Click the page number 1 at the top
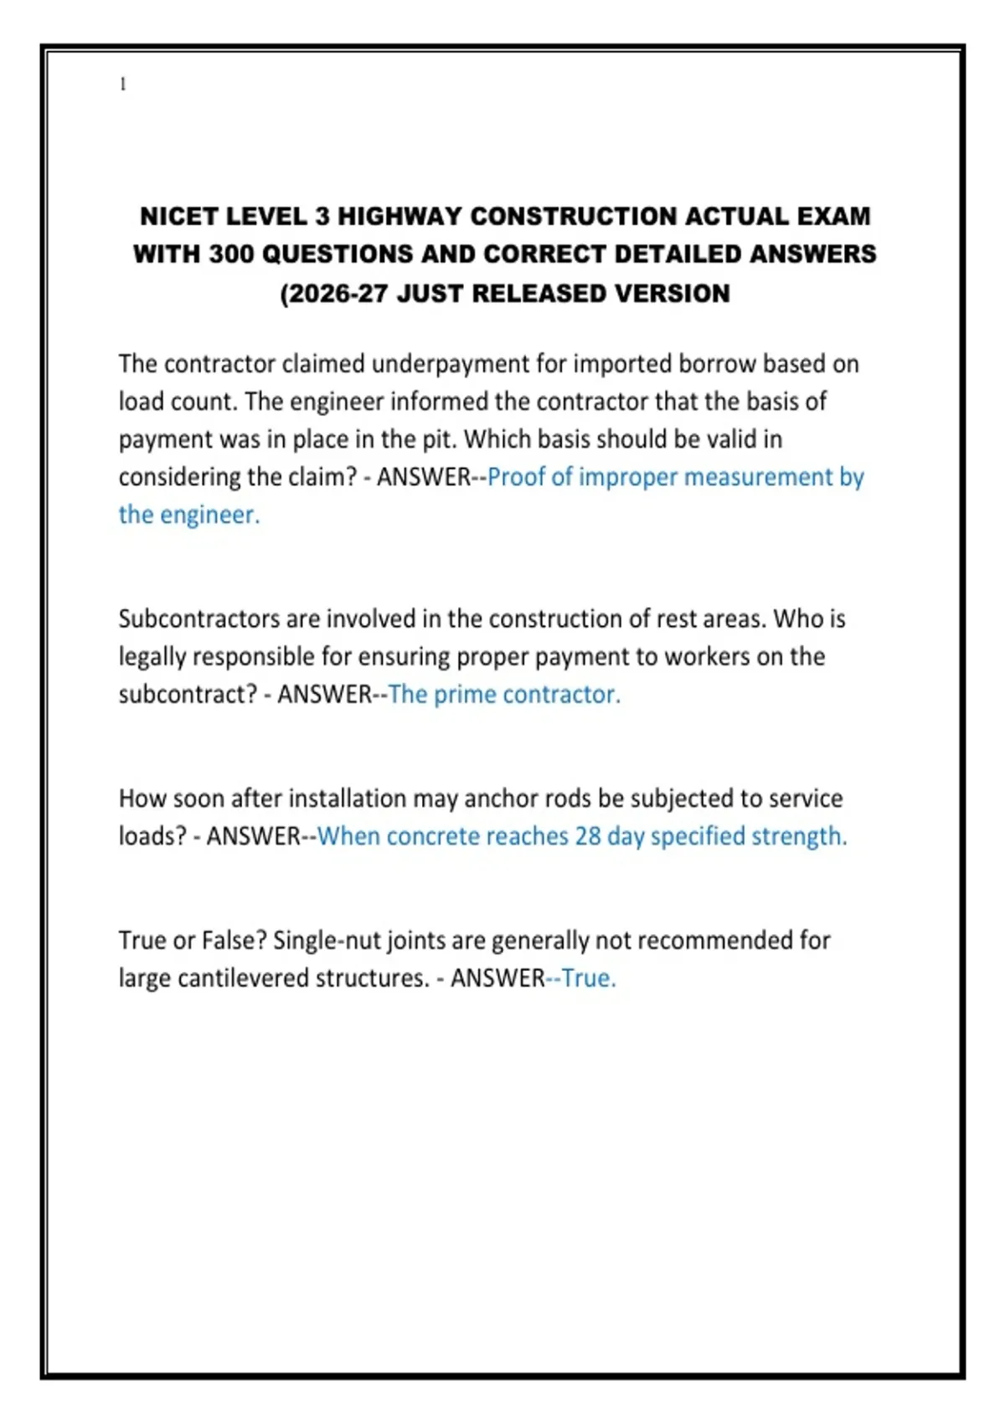coord(123,84)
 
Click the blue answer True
coord(588,979)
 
